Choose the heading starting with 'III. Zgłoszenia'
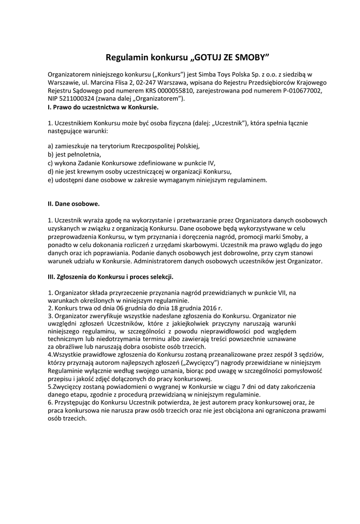tap(110, 278)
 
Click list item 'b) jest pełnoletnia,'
tap(74, 154)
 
